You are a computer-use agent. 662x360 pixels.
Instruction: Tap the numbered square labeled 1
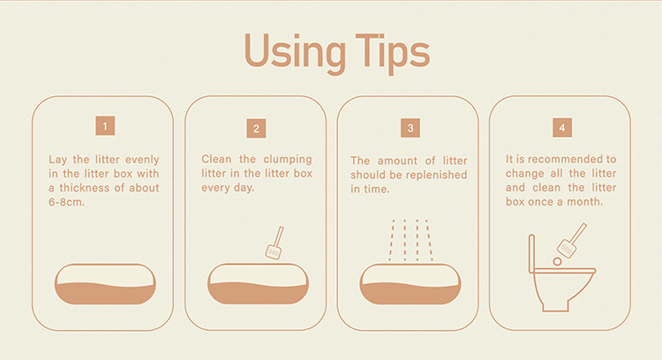click(x=105, y=126)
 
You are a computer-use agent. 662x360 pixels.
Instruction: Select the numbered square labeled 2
click(x=256, y=128)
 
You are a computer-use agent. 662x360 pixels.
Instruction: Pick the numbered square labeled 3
click(x=410, y=128)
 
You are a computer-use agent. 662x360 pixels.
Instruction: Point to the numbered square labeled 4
click(x=562, y=127)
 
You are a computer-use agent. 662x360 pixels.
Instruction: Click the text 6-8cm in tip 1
click(x=67, y=202)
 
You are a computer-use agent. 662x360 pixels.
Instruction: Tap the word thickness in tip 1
click(x=84, y=188)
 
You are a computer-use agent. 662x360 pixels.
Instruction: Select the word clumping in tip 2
click(x=288, y=160)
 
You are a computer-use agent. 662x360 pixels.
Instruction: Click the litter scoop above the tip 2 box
click(x=275, y=243)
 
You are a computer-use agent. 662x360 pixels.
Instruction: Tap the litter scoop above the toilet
click(x=572, y=240)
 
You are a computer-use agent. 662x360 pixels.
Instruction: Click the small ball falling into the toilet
click(x=557, y=262)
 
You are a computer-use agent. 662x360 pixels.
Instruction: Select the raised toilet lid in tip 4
click(x=531, y=254)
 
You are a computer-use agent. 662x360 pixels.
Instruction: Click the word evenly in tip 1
click(x=142, y=160)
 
